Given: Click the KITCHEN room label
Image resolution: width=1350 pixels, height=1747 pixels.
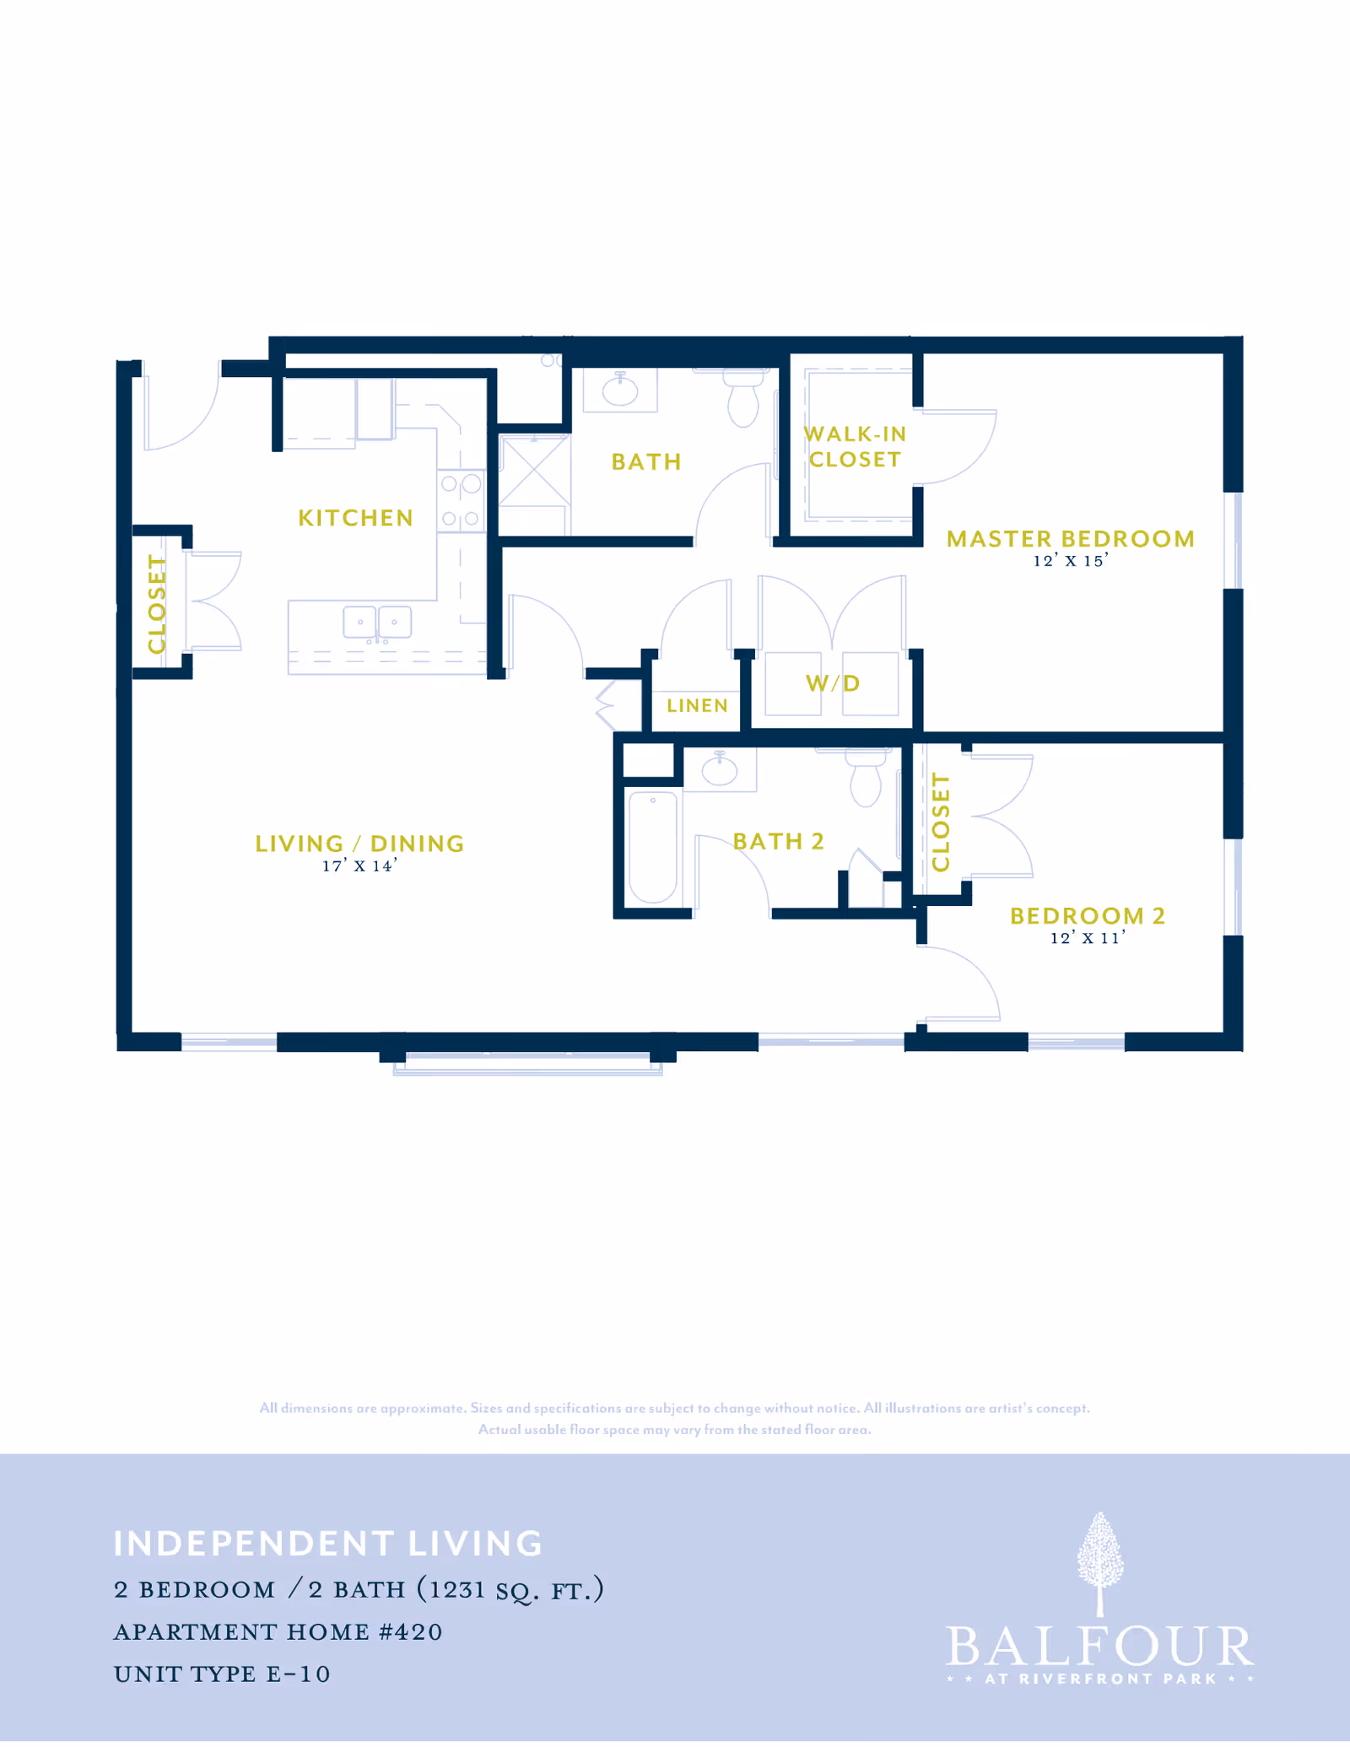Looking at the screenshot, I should [355, 517].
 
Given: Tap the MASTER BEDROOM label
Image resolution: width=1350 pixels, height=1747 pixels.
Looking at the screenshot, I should [1070, 538].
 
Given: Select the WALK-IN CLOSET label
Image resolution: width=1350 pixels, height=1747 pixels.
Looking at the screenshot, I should [855, 446].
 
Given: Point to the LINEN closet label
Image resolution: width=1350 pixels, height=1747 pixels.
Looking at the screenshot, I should [697, 705].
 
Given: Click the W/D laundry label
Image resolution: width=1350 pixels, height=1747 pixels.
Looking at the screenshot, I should [833, 682].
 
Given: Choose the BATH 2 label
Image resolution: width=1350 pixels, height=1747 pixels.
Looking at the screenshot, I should [778, 841].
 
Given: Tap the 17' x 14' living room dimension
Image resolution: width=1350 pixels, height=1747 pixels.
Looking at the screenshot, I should [359, 866].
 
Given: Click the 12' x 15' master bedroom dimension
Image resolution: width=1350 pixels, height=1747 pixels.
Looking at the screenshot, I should [1070, 561].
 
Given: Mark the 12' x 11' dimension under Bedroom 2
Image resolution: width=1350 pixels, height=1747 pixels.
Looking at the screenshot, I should [1087, 938].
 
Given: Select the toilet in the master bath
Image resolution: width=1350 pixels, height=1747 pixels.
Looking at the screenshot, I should [743, 402].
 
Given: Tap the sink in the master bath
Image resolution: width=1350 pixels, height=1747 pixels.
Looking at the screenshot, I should [620, 390].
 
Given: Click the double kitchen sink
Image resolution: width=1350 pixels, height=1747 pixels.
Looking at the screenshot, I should [377, 623].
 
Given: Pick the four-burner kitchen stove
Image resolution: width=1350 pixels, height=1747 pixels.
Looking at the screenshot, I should [461, 500].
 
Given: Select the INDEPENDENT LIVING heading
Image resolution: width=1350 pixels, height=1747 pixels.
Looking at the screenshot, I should [328, 1544].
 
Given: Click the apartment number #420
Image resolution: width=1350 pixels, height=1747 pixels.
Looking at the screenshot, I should [410, 1632].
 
